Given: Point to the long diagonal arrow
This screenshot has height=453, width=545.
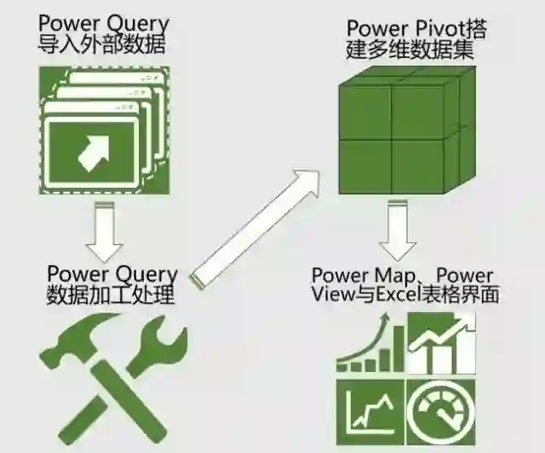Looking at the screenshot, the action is click(x=255, y=227).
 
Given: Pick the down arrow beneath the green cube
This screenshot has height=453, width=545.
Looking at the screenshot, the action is click(x=399, y=230).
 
